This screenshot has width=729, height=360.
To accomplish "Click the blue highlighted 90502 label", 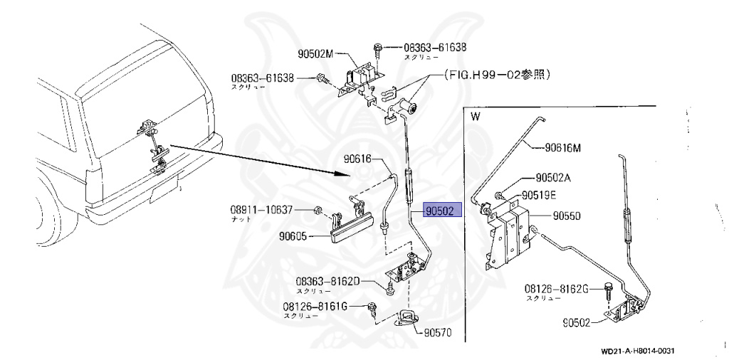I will pyautogui.click(x=443, y=211).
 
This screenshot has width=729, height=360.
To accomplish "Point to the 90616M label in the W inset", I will pyautogui.click(x=563, y=148).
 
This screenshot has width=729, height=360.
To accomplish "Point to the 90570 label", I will pyautogui.click(x=439, y=332).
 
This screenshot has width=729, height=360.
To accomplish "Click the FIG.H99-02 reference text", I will pyautogui.click(x=498, y=73).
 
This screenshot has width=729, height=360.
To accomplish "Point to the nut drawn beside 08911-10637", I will pyautogui.click(x=318, y=210).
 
